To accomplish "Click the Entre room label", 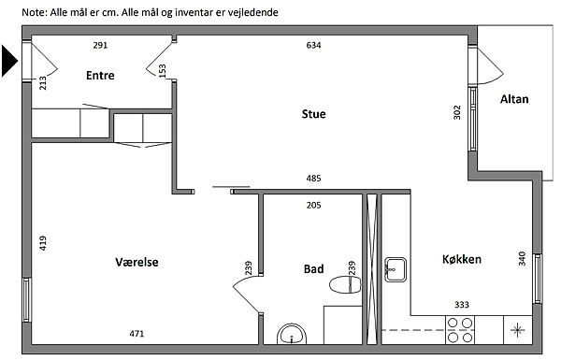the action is pyautogui.click(x=100, y=75).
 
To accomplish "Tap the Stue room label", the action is pyautogui.click(x=314, y=114).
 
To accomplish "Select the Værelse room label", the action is pyautogui.click(x=137, y=262).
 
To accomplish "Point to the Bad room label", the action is pyautogui.click(x=314, y=268).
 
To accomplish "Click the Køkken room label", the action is pyautogui.click(x=462, y=259).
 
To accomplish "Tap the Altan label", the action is pyautogui.click(x=514, y=99).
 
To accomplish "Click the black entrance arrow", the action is pyautogui.click(x=9, y=61).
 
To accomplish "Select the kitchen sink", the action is pyautogui.click(x=396, y=269).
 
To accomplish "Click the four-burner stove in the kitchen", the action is pyautogui.click(x=460, y=330).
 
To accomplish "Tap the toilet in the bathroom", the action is pyautogui.click(x=345, y=285).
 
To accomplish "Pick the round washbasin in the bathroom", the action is pyautogui.click(x=292, y=334).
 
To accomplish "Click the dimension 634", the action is pyautogui.click(x=313, y=45).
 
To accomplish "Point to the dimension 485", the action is pyautogui.click(x=313, y=179).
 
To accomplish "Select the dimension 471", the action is pyautogui.click(x=137, y=334).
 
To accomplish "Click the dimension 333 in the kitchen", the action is pyautogui.click(x=462, y=305).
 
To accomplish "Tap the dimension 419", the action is pyautogui.click(x=43, y=243).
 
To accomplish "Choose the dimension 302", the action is pyautogui.click(x=457, y=112).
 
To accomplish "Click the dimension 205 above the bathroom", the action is pyautogui.click(x=313, y=205).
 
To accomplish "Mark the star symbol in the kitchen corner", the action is pyautogui.click(x=517, y=330).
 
